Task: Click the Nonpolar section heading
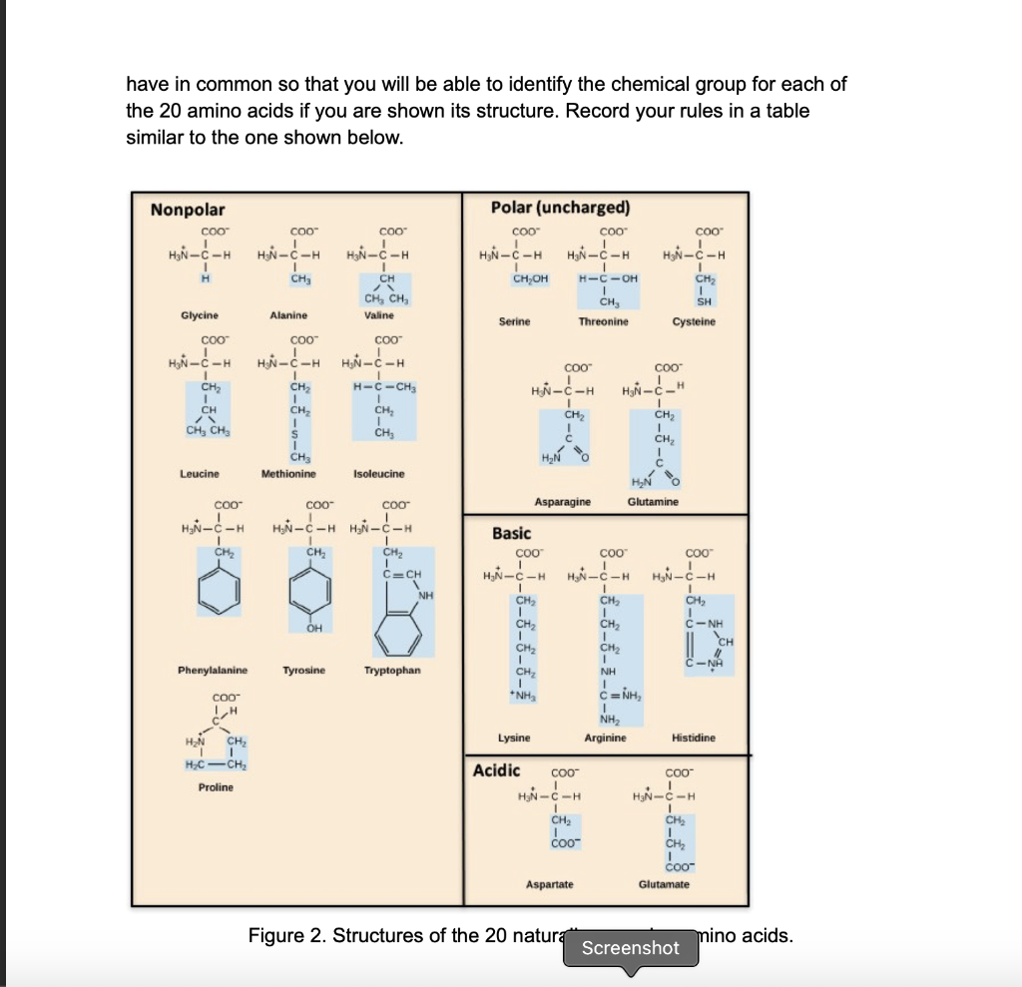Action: point(188,210)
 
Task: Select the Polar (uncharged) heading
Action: point(561,208)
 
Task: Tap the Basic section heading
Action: point(512,534)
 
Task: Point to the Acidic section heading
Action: point(496,769)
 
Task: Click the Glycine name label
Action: point(200,314)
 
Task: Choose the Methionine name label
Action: point(288,473)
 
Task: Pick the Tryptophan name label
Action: point(392,670)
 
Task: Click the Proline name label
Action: point(215,787)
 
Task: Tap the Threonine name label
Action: point(604,322)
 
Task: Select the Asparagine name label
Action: point(563,502)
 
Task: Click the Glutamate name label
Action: point(664,884)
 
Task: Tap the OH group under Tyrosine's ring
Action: point(315,628)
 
